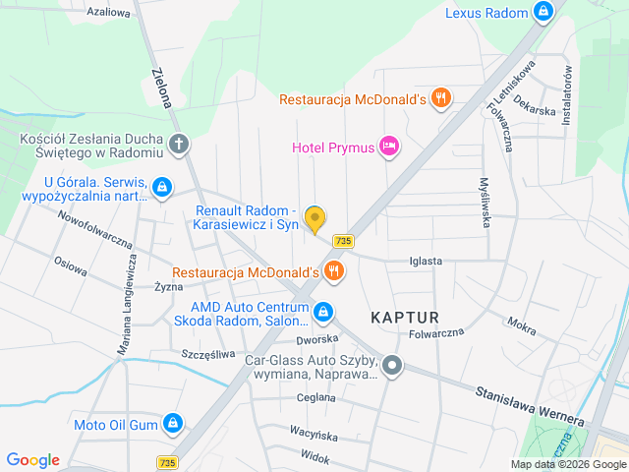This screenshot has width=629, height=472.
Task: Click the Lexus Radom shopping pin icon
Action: (543, 12)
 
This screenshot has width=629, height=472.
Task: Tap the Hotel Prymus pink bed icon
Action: (390, 147)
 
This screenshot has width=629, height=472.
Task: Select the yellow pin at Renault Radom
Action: (314, 218)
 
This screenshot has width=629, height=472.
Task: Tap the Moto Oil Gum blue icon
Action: (173, 424)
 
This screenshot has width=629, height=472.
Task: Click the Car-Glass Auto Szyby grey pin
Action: (392, 367)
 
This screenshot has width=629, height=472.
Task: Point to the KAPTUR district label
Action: (404, 317)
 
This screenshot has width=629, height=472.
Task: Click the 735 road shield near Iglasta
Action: (343, 241)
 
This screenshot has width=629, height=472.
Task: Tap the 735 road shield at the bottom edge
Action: (166, 462)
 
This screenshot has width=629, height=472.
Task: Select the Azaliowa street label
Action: (108, 13)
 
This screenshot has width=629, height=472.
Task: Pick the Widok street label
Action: (315, 457)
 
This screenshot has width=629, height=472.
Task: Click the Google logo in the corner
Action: (32, 459)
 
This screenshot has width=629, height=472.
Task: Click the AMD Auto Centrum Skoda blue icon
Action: (323, 313)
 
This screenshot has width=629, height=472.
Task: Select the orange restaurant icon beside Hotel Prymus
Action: (441, 98)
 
